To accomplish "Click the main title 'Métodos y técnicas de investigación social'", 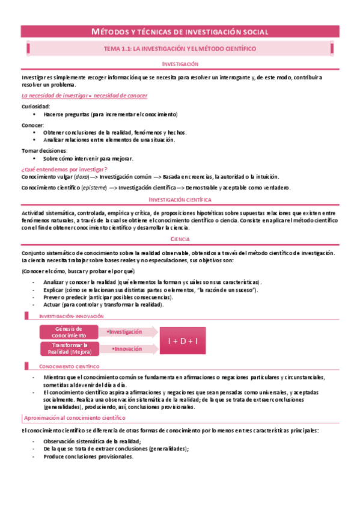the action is [x=180, y=31].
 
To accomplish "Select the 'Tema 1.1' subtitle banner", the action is [x=180, y=48].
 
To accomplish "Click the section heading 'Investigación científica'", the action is [x=180, y=199].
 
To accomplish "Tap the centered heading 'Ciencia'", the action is [x=180, y=239].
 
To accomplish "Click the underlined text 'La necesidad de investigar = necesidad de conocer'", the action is [x=84, y=96].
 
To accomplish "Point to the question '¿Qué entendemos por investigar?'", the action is [x=64, y=170].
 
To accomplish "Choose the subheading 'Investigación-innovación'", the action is [x=72, y=316].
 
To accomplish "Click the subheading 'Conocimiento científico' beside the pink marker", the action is [x=69, y=366].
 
